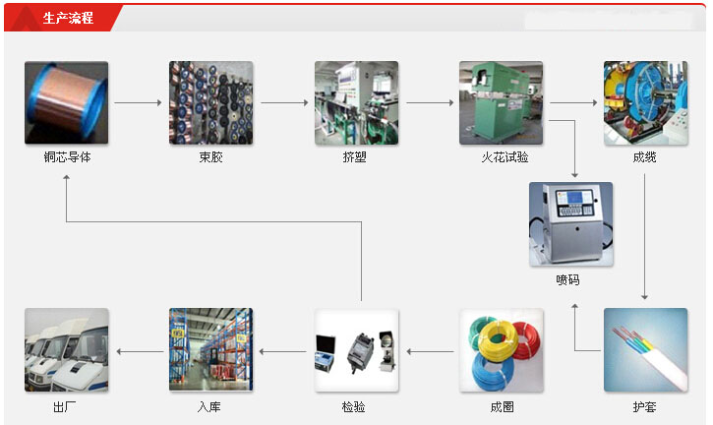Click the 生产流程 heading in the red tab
(68, 18)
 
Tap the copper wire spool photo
(66, 102)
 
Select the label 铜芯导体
(66, 157)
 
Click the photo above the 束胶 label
(210, 102)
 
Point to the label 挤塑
(355, 157)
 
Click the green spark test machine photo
(501, 102)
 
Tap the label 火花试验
(501, 157)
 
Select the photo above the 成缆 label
(645, 102)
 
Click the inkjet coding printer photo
(570, 224)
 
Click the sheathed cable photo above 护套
(645, 350)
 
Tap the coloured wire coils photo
(501, 350)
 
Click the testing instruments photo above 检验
(356, 350)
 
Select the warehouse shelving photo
(210, 350)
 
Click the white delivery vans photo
(66, 350)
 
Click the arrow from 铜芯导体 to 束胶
(138, 102)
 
